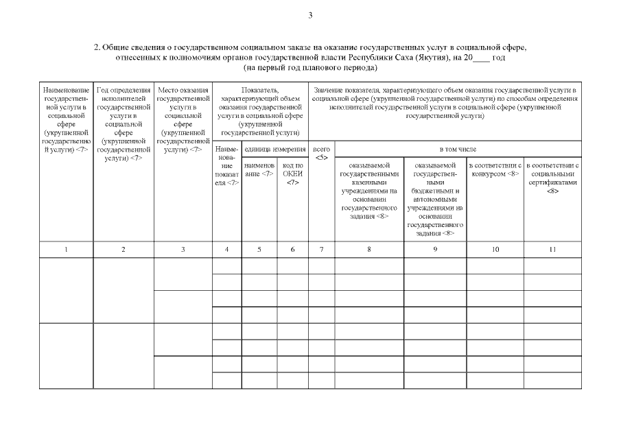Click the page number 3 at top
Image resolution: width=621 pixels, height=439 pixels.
[310, 15]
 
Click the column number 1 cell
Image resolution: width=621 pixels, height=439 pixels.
[66, 250]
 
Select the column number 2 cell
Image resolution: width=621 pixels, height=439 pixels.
[124, 250]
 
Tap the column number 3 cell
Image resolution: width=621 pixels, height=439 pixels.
[183, 250]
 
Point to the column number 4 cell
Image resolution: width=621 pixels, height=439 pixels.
[227, 250]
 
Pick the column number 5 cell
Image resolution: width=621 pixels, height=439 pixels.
[259, 250]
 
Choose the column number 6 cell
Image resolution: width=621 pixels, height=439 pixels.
[292, 250]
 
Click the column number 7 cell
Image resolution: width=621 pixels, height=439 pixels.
[321, 250]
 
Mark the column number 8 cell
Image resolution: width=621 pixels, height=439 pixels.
[369, 250]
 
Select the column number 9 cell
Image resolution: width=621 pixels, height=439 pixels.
[435, 250]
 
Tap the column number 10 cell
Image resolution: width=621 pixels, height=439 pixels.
[495, 250]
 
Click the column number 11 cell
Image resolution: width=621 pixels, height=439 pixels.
[552, 250]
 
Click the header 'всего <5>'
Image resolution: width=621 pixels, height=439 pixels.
[321, 153]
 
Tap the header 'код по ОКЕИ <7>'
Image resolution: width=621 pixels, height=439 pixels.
[292, 174]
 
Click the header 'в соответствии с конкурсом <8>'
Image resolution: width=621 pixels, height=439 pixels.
[495, 169]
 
